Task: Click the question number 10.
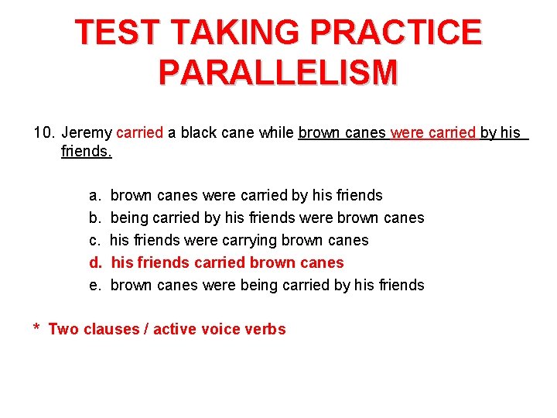43,133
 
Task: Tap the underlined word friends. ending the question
87,152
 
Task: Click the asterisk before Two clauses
36,329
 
